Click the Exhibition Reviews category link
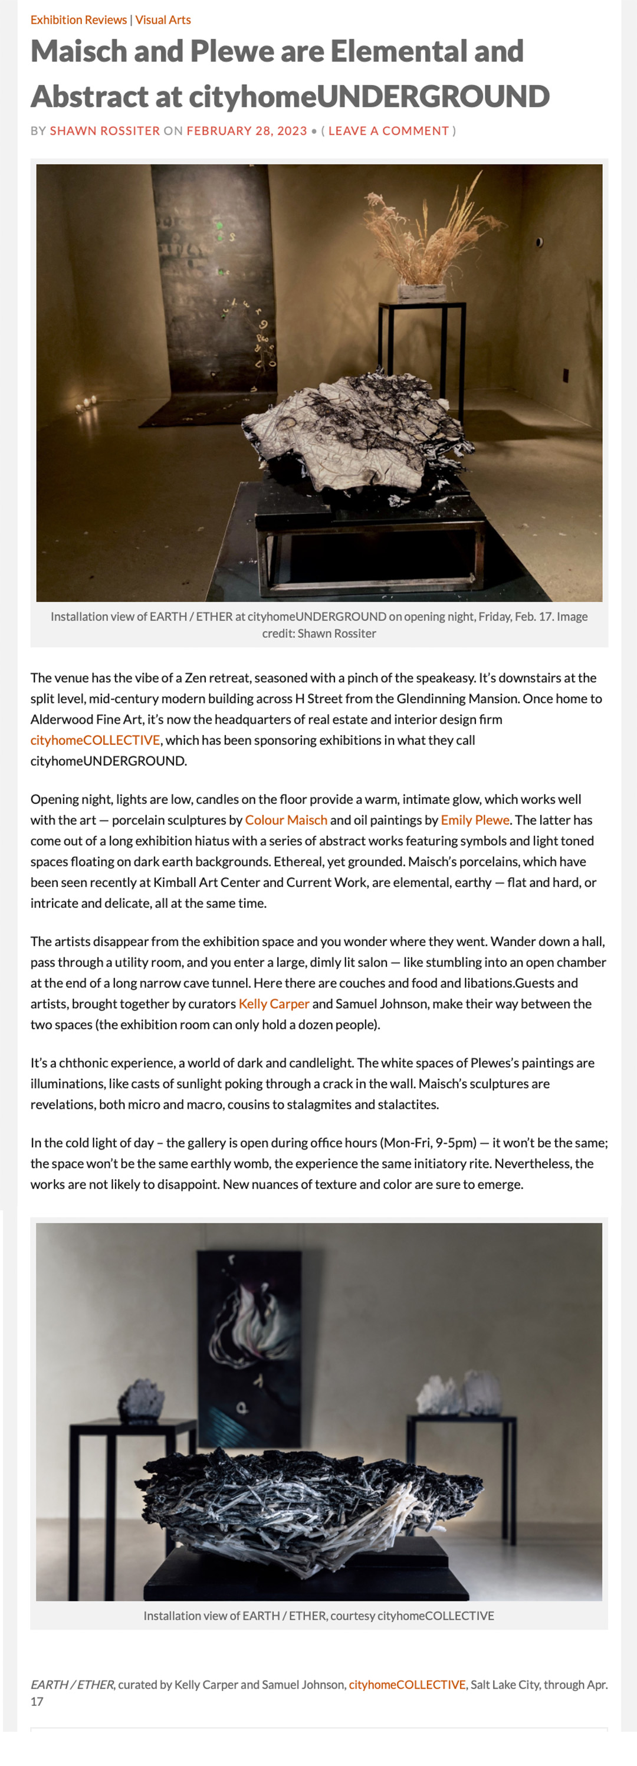tap(78, 20)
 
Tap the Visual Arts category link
tap(163, 20)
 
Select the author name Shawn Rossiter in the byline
tap(104, 131)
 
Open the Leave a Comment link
tap(388, 131)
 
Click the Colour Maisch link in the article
tap(286, 820)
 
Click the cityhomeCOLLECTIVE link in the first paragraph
tap(94, 740)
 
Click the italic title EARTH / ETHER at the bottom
tap(72, 1685)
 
